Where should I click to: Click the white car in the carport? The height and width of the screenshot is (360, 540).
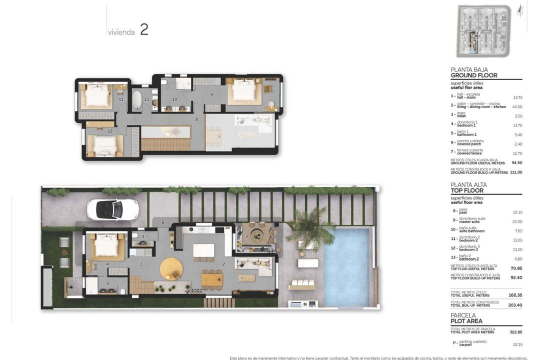tap(112, 209)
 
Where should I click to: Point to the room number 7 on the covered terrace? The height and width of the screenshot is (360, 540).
tap(247, 236)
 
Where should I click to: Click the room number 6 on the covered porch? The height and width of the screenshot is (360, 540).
tap(163, 222)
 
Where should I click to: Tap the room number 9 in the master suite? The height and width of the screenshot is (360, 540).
tap(211, 94)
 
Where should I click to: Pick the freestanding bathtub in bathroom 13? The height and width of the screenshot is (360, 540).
tap(136, 99)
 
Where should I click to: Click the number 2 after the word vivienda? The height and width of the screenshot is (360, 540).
tap(144, 29)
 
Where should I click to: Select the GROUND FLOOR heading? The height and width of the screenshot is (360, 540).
tap(473, 75)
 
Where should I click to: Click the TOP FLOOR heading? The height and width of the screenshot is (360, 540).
tap(466, 190)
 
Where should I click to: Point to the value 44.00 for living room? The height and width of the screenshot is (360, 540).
tap(516, 106)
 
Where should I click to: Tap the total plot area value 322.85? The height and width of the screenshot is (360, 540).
tap(515, 332)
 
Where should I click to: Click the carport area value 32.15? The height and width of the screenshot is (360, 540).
tap(517, 344)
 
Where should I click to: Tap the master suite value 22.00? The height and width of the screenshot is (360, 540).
tap(517, 221)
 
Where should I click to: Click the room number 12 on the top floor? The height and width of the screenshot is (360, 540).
tap(110, 131)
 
